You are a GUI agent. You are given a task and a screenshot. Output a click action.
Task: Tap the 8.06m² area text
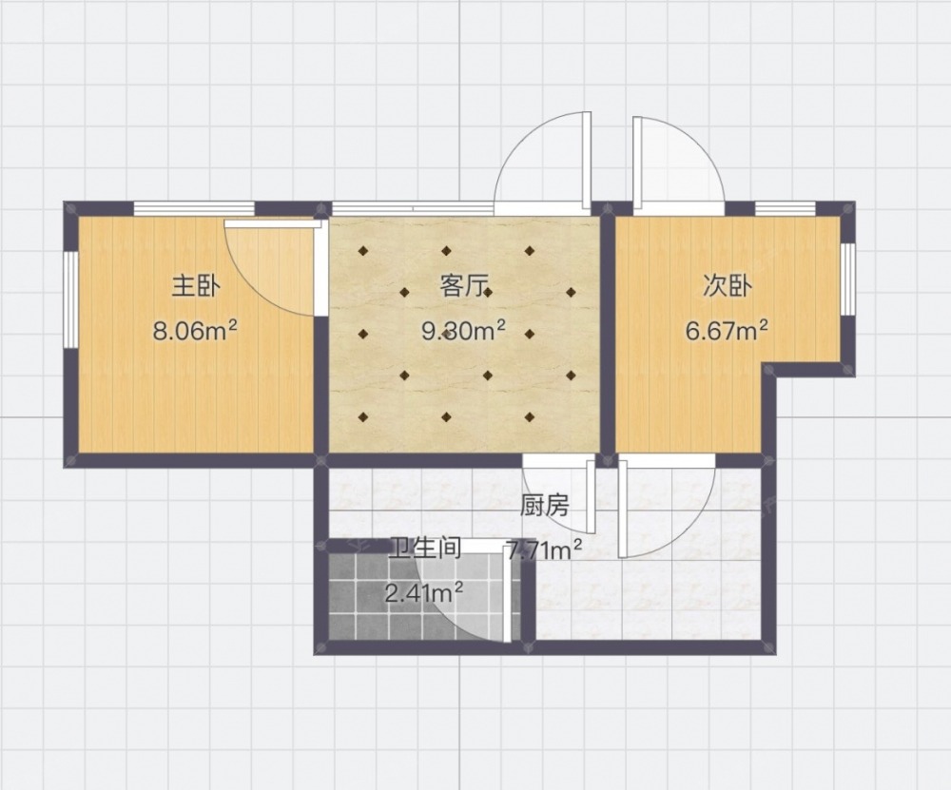tap(195, 331)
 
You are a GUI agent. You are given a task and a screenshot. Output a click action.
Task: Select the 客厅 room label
tap(464, 285)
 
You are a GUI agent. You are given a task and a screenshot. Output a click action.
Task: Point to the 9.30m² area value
tap(463, 331)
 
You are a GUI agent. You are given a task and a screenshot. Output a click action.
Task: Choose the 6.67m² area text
tap(728, 331)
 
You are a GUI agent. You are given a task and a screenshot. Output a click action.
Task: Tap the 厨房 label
tap(545, 505)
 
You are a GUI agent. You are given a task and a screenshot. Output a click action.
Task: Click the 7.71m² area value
tap(544, 550)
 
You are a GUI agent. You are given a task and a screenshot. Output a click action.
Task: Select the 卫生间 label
tap(425, 548)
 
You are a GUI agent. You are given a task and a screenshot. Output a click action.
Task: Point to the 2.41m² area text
tap(424, 592)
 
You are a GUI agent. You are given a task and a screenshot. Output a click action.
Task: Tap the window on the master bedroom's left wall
tap(71, 299)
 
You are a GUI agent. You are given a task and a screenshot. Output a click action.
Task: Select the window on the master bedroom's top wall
tap(194, 208)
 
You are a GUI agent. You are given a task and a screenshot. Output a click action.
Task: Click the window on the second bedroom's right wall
tap(848, 279)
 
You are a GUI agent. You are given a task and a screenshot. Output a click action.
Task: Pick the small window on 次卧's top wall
tap(786, 208)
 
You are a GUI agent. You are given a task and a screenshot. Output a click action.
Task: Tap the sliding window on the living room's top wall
tap(413, 208)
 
